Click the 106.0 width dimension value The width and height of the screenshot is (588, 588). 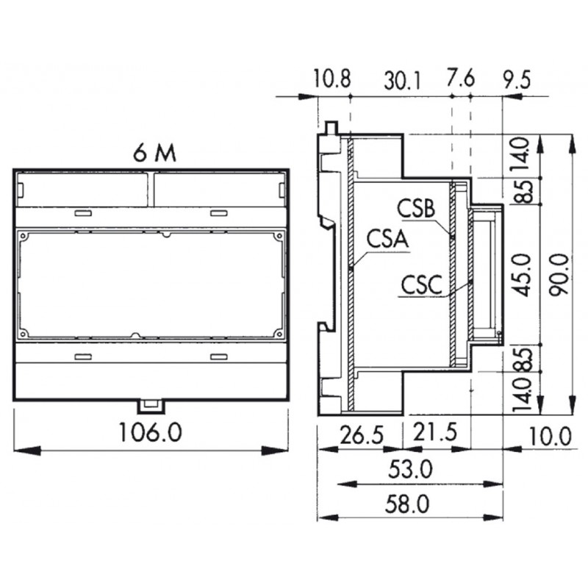click(151, 431)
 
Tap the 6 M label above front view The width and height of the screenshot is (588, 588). click(154, 153)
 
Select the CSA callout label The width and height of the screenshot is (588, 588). click(387, 239)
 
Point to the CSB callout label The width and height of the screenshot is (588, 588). click(416, 209)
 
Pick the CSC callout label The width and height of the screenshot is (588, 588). click(421, 285)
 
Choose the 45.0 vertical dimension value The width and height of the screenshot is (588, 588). click(523, 274)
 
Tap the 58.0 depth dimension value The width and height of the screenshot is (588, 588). click(407, 504)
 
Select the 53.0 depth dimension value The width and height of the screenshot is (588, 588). click(410, 470)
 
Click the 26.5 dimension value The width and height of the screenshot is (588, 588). click(362, 435)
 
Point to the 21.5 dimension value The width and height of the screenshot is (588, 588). click(435, 431)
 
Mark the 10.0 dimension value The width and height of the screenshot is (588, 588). click(550, 437)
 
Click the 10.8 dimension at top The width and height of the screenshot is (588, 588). click(332, 79)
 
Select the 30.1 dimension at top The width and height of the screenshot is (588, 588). click(402, 81)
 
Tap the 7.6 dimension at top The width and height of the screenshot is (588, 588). click(461, 79)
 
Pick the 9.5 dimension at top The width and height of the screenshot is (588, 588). click(517, 80)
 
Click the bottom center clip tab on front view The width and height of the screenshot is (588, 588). click(151, 407)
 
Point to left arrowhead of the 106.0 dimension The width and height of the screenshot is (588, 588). click(26, 451)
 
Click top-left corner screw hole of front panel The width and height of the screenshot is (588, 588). click(24, 237)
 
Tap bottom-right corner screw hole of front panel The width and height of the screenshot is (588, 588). click(279, 333)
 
